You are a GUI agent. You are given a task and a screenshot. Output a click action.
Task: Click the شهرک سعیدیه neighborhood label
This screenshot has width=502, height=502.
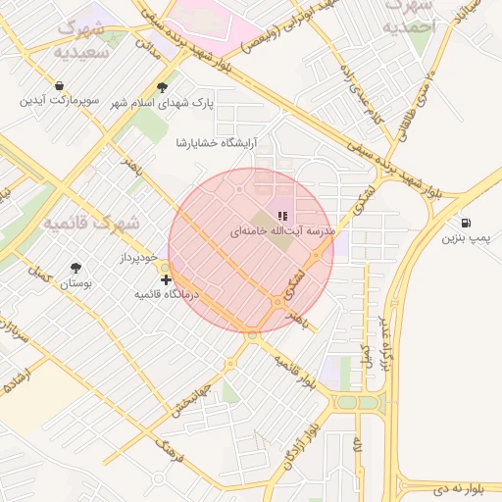pyautogui.click(x=84, y=39)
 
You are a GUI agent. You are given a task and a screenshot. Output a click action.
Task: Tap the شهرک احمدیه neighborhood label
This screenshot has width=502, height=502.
pyautogui.click(x=409, y=19)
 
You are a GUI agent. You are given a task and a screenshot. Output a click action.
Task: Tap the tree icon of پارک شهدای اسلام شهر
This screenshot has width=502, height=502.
pyautogui.click(x=176, y=86)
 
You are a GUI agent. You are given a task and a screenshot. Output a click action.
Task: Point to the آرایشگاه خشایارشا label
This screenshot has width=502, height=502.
pyautogui.click(x=215, y=143)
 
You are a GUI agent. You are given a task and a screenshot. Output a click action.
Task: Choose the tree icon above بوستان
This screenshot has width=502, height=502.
pyautogui.click(x=75, y=268)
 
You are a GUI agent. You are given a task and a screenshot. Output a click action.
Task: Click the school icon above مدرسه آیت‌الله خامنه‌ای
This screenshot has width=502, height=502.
pyautogui.click(x=282, y=216)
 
